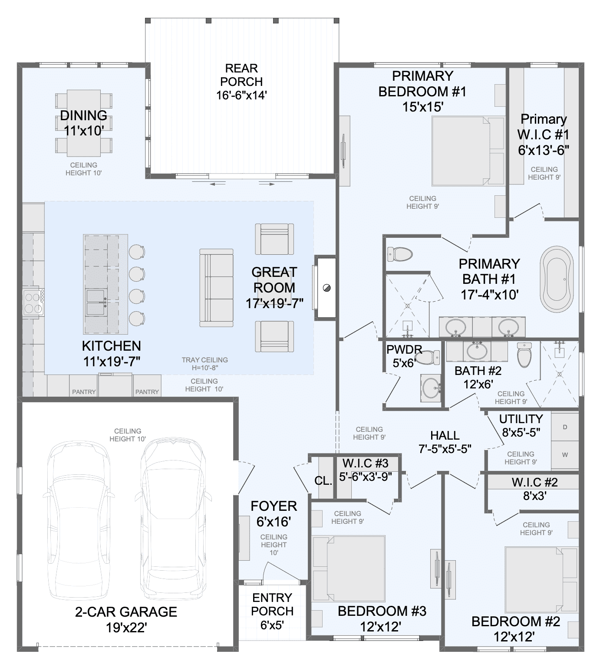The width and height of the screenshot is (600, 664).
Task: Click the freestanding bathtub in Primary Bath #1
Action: (x=556, y=279)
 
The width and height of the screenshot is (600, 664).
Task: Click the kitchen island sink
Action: (x=96, y=302)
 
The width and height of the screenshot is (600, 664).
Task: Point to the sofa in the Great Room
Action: (x=216, y=288)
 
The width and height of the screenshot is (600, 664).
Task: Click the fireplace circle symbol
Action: (x=326, y=288)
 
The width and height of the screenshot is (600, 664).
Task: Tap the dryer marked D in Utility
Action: (x=565, y=427)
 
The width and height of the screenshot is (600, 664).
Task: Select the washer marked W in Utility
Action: (x=565, y=455)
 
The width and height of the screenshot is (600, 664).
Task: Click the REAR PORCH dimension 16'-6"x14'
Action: (x=242, y=95)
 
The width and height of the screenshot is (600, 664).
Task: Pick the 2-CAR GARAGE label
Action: (x=126, y=611)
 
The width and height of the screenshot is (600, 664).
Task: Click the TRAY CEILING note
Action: (x=204, y=360)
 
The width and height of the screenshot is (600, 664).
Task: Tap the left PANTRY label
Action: (x=84, y=392)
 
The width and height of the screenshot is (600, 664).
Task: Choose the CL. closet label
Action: (x=323, y=480)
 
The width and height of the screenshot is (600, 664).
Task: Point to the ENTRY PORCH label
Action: (x=272, y=604)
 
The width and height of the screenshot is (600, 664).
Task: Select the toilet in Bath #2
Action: (x=524, y=355)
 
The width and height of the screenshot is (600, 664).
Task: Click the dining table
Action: (x=84, y=123)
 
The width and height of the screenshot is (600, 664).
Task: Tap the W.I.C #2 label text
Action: (x=535, y=482)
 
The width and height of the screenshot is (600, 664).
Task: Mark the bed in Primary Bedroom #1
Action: (x=468, y=151)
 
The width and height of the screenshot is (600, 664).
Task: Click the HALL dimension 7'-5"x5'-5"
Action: (x=445, y=449)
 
